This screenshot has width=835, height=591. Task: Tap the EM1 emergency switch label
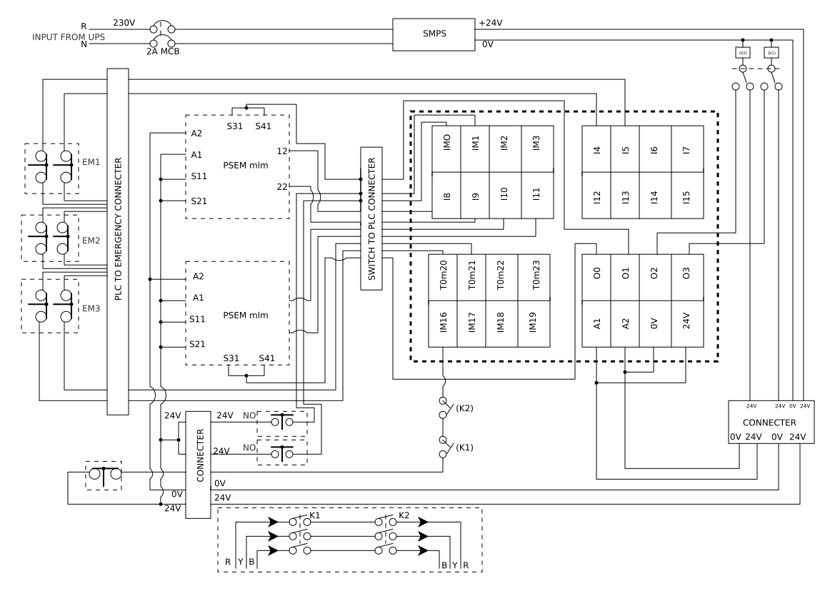[91, 162]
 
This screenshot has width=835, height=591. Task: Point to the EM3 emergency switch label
[91, 308]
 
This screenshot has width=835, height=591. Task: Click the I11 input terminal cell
[536, 194]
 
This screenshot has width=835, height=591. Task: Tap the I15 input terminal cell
[686, 194]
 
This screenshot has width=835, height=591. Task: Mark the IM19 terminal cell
[532, 323]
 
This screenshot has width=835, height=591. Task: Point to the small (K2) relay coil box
[742, 53]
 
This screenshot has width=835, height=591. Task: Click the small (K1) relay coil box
[771, 53]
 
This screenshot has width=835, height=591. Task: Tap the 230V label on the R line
[124, 23]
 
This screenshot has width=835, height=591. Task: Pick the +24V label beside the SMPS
[490, 23]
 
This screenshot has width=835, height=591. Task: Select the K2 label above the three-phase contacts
[404, 515]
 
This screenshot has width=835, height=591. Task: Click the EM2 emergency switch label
[91, 241]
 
